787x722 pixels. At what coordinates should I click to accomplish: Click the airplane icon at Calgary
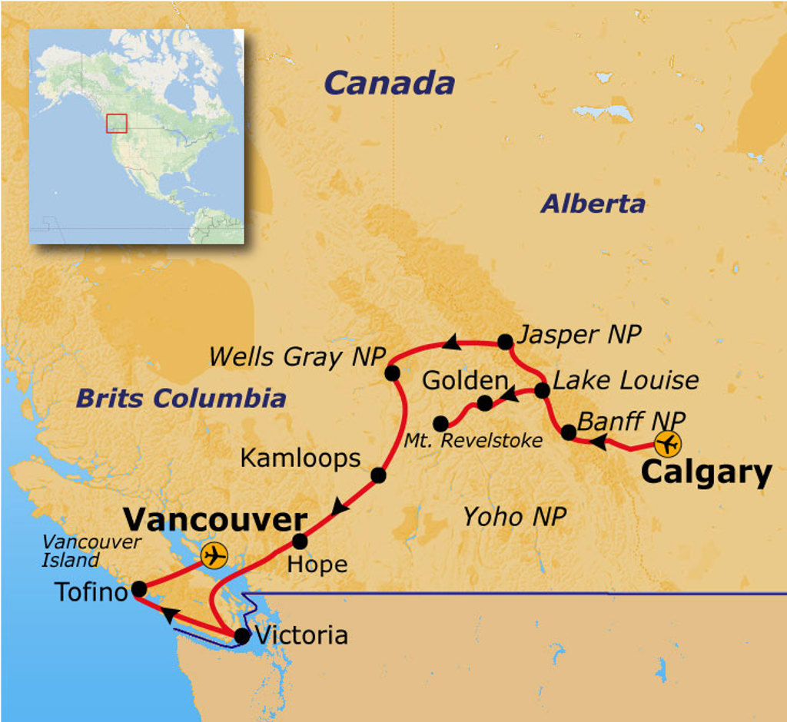668,444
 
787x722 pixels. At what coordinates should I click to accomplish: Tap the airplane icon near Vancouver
214,555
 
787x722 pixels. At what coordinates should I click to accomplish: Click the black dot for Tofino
139,589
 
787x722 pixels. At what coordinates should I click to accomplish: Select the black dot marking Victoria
242,636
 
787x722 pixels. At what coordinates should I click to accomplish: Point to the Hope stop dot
300,541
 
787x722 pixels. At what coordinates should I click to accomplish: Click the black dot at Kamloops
378,475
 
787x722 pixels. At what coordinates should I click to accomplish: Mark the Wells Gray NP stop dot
392,373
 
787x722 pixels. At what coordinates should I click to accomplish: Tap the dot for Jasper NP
505,341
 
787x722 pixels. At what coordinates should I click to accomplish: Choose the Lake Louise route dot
542,390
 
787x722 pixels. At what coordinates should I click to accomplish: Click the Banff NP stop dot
569,432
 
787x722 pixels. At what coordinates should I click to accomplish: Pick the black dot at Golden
484,403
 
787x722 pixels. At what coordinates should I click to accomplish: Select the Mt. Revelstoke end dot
440,424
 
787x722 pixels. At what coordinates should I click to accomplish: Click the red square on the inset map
116,123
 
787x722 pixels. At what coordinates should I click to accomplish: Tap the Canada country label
389,83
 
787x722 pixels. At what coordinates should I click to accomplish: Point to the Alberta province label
592,204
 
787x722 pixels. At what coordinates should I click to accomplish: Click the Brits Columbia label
181,398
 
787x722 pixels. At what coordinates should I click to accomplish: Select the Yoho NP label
514,517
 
